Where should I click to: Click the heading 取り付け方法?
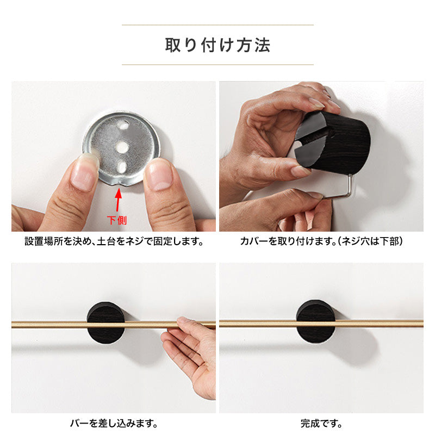tap(217, 45)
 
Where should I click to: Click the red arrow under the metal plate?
tap(119, 200)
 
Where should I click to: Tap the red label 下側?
tap(117, 221)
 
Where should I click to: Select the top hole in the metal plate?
tap(123, 125)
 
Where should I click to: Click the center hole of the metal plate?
tap(122, 147)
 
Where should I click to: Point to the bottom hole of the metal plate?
tap(122, 167)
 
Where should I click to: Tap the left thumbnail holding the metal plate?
tap(83, 172)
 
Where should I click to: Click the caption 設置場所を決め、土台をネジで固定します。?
tap(114, 241)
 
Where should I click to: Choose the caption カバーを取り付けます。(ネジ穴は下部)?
tap(321, 241)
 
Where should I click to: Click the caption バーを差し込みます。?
tap(114, 423)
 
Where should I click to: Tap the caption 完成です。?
tap(321, 423)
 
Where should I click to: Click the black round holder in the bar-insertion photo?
tap(105, 323)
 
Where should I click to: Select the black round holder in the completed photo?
tap(316, 321)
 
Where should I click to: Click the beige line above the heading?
tap(217, 25)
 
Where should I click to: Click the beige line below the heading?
tap(217, 65)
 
